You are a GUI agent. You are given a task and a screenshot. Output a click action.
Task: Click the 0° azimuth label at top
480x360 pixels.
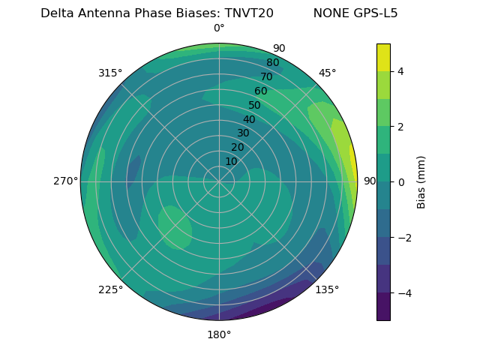[x=219, y=28]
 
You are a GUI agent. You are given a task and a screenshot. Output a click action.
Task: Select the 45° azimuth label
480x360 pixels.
[x=327, y=73]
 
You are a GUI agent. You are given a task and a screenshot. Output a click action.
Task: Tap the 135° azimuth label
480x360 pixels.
[x=327, y=289]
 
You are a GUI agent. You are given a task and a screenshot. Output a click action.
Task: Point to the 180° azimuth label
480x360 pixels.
[x=219, y=334]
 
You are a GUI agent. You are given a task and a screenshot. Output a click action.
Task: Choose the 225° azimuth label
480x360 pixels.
[x=110, y=289]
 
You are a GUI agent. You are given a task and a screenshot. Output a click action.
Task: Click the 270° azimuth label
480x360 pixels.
[x=65, y=181]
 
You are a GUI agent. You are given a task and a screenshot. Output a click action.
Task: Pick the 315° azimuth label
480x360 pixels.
[x=110, y=73]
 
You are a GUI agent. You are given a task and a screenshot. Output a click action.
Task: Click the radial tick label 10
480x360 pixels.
[x=231, y=161]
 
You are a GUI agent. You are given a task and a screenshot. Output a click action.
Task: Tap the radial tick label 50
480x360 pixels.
[x=255, y=105]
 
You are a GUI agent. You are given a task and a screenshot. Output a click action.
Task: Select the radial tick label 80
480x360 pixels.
[x=273, y=63]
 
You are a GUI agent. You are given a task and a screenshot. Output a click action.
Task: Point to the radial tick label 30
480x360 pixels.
[x=243, y=133]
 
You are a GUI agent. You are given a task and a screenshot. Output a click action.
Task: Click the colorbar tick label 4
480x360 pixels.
[x=400, y=71]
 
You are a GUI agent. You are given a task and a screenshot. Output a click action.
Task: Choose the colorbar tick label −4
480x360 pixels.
[x=403, y=293]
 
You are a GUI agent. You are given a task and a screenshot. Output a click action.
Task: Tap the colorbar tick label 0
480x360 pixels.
[x=400, y=182]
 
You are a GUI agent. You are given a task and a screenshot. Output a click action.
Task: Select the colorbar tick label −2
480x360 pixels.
[x=403, y=238]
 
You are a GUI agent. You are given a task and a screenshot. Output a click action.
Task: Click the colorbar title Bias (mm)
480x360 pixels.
[x=421, y=182]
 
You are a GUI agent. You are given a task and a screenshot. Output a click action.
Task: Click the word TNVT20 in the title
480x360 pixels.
[x=249, y=13]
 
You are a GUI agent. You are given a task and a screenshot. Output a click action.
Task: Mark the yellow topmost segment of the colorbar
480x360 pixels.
[x=383, y=58]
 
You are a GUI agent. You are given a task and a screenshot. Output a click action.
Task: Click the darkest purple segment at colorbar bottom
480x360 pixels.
[x=383, y=307]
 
